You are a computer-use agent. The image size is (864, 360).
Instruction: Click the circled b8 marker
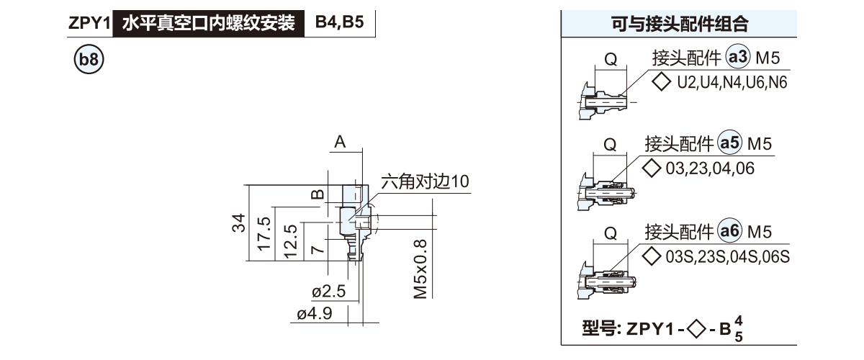89,60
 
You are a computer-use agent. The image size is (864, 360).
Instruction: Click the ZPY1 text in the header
88,23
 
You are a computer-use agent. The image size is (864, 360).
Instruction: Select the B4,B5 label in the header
339,22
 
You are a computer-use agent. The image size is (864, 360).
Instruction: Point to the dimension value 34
240,224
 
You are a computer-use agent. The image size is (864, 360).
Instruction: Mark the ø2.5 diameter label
330,292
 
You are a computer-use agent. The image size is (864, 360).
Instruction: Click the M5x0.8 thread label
420,269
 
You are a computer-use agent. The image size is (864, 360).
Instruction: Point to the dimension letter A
339,143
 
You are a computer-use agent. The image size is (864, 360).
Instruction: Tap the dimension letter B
318,194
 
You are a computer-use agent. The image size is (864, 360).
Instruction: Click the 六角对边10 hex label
425,181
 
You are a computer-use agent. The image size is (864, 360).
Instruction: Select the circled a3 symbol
739,58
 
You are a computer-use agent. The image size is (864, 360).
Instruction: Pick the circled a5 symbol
731,143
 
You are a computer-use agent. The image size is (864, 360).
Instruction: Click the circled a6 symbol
731,232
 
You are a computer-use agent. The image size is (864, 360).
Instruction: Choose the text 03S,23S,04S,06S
728,256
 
